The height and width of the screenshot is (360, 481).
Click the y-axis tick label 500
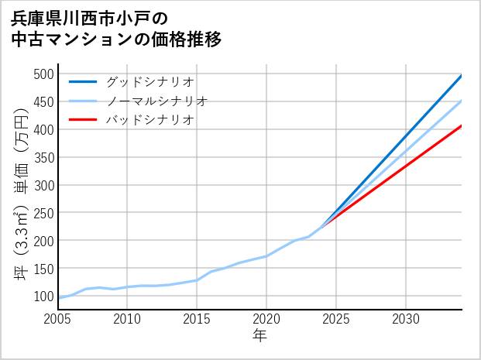point(43,74)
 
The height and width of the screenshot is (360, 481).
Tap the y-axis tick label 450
point(43,102)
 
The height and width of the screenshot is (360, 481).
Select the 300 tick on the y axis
point(43,185)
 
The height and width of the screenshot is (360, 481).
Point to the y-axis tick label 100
point(43,297)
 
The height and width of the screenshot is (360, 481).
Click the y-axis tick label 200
point(43,241)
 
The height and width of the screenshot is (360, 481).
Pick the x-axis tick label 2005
point(58,318)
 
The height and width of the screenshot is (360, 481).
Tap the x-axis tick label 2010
point(128,318)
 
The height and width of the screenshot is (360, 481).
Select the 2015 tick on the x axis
point(197,318)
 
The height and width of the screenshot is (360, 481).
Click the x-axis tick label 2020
point(266,318)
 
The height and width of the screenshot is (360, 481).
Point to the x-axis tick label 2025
point(336,318)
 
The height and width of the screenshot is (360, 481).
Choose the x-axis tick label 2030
point(406,318)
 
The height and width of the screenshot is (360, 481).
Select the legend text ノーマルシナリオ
point(156,101)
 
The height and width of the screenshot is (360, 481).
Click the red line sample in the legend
point(83,120)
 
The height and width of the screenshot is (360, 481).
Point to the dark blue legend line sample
point(83,81)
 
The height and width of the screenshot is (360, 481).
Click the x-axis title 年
point(260,336)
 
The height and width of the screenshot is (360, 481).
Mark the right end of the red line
point(462,125)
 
